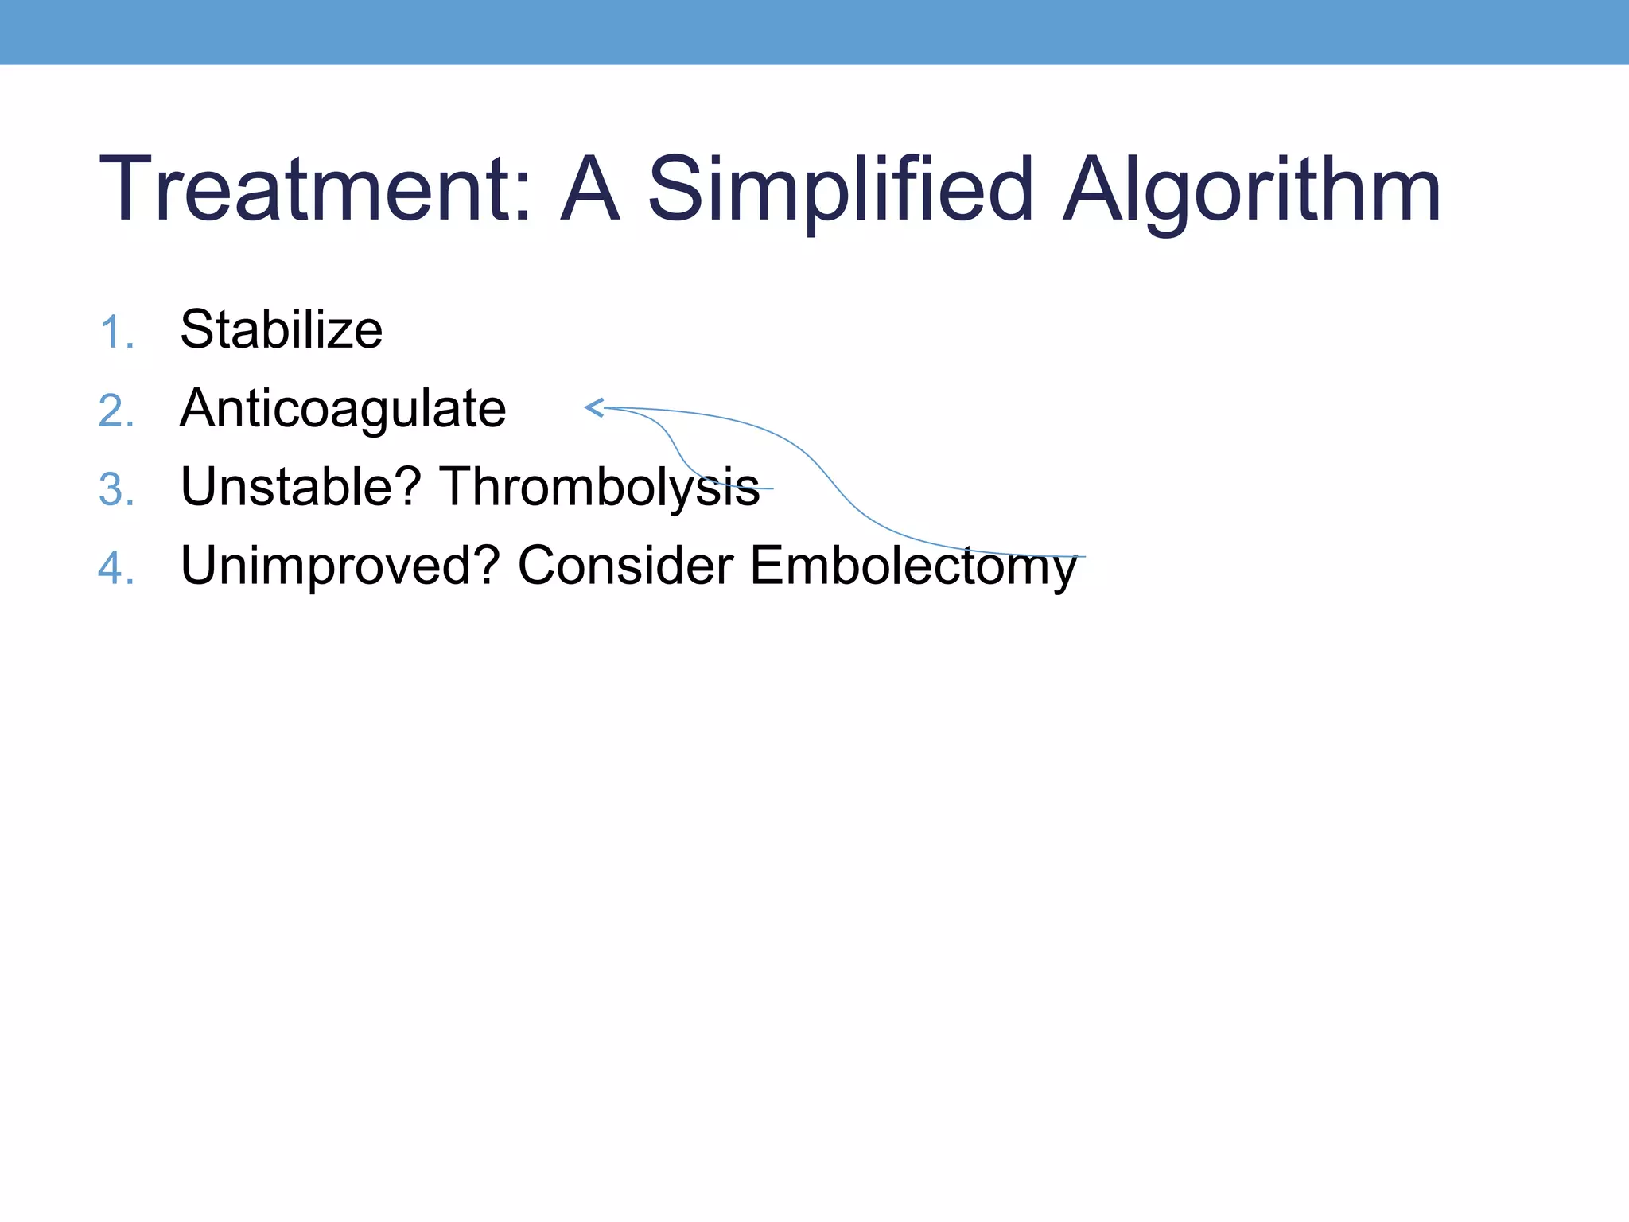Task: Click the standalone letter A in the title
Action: (589, 189)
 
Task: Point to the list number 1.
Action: (116, 332)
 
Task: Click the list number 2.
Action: (116, 411)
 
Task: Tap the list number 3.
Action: (116, 489)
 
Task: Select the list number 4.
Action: (116, 568)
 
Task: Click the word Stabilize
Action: (282, 329)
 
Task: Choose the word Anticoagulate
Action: (343, 409)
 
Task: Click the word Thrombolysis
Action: (600, 488)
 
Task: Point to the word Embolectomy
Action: (912, 566)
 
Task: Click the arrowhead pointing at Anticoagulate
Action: (593, 407)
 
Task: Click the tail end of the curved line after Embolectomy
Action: (1083, 557)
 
